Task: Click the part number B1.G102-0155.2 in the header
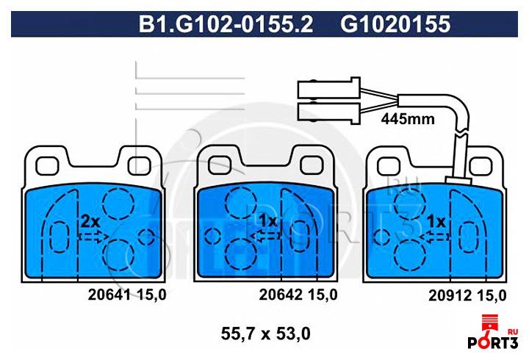[226, 24]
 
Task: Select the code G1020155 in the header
[395, 24]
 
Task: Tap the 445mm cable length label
[408, 119]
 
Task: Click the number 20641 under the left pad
[109, 295]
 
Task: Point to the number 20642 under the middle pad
[281, 295]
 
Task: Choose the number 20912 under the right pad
[450, 295]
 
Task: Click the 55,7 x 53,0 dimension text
[265, 334]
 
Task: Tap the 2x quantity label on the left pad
[90, 222]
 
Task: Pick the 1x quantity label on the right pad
[436, 222]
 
